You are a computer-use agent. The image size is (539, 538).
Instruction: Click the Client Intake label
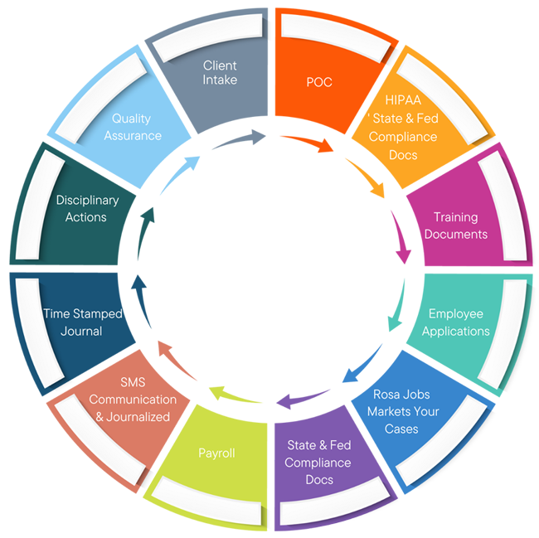220,72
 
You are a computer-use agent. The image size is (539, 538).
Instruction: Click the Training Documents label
455,225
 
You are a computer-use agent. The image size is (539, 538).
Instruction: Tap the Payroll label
216,453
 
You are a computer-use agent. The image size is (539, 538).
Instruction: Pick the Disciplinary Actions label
86,208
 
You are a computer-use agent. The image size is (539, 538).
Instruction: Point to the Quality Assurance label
133,127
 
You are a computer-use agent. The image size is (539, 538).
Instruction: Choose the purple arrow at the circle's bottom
290,402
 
